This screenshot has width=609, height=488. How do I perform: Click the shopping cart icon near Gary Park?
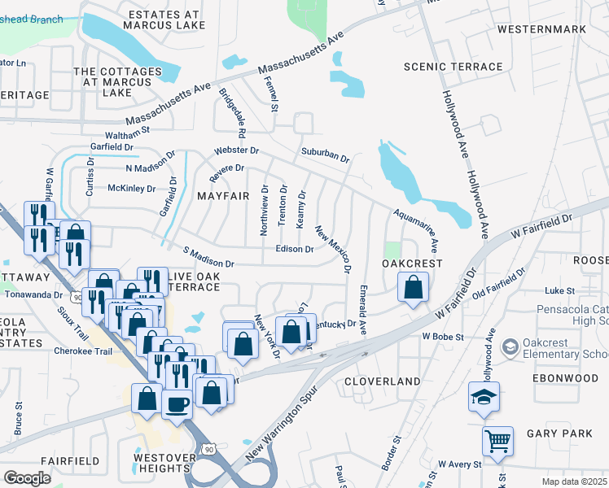click(x=497, y=442)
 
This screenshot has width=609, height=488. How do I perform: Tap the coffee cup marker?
click(x=177, y=403)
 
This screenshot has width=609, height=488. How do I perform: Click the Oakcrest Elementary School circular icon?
click(x=510, y=347)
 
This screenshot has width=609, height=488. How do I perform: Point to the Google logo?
click(x=27, y=478)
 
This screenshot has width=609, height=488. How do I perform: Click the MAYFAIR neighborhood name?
click(x=217, y=196)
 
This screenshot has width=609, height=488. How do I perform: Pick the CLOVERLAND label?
click(x=382, y=381)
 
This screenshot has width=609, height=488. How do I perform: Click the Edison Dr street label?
click(x=295, y=249)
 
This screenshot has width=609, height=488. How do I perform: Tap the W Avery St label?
click(x=459, y=464)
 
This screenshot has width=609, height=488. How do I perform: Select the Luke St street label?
click(x=559, y=290)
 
